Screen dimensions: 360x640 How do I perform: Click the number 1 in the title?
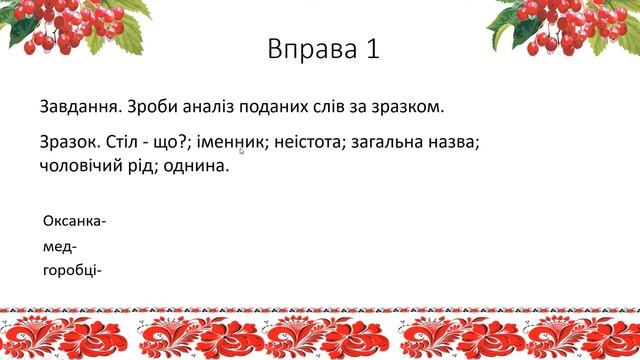coord(371,51)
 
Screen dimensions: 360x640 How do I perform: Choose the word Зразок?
coord(69,143)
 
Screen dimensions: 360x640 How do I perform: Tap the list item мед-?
coord(60,246)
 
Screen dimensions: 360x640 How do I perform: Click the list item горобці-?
coord(73,270)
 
